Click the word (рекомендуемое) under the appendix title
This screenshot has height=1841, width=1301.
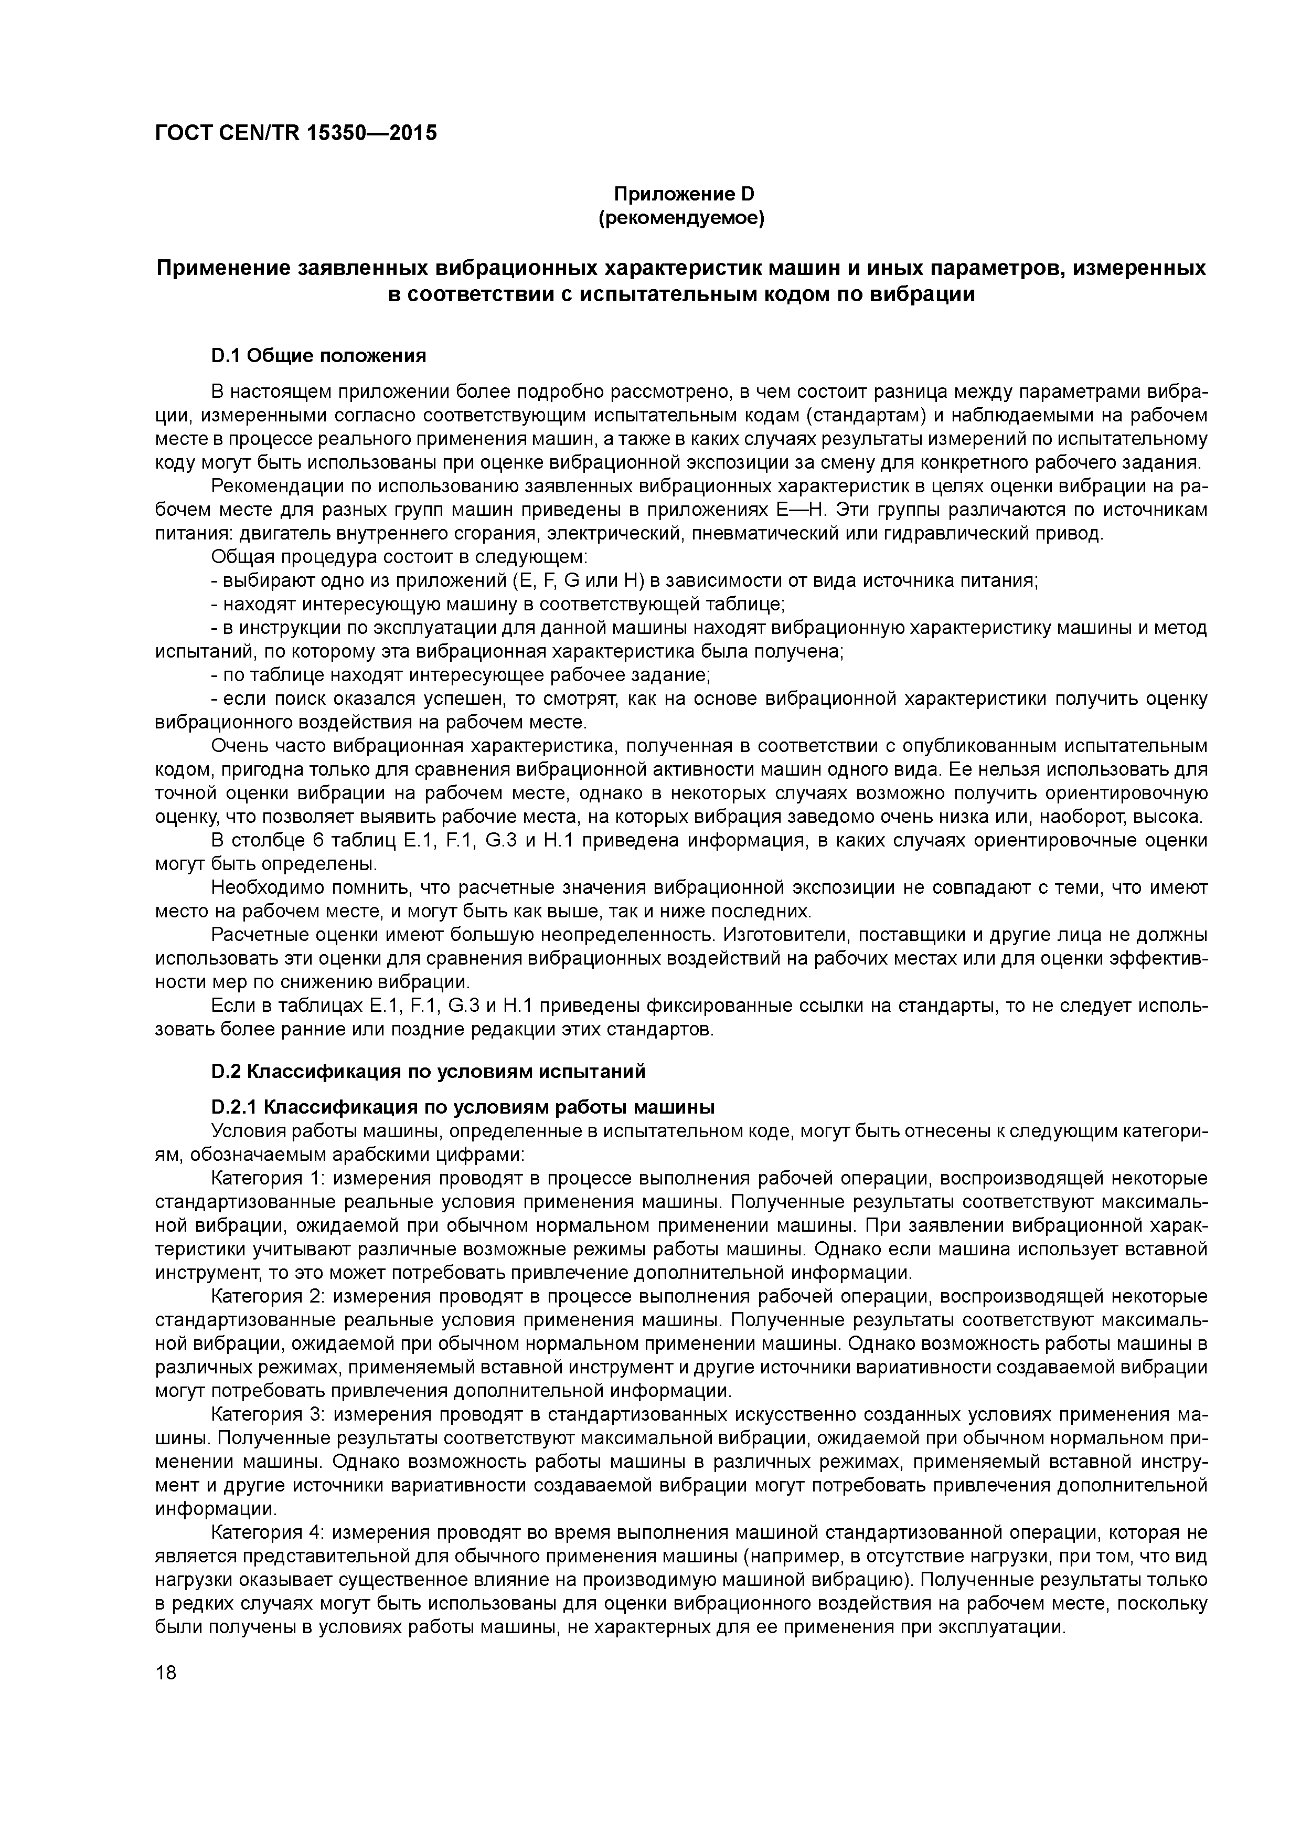(x=681, y=218)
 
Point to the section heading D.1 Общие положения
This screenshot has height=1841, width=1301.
(x=318, y=355)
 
